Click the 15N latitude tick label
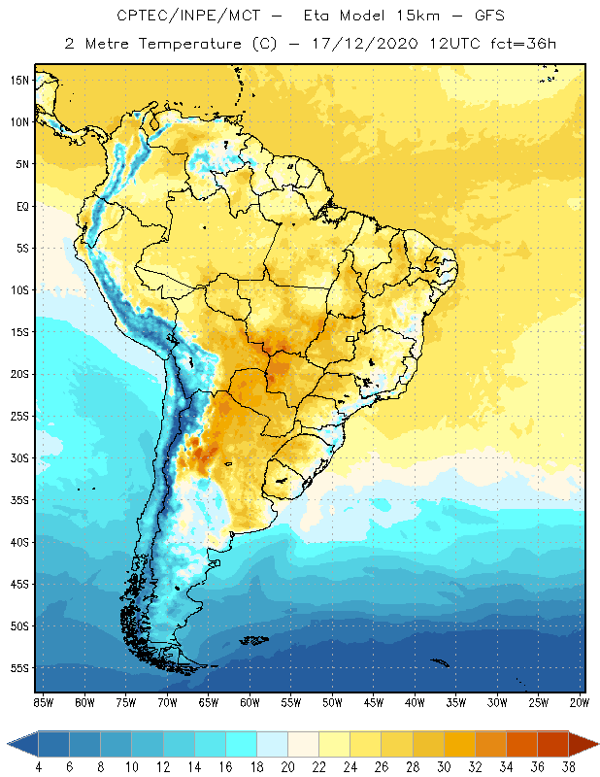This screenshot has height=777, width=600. pyautogui.click(x=18, y=80)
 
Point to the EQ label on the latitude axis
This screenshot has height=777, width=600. pyautogui.click(x=19, y=206)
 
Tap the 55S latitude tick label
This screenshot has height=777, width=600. pyautogui.click(x=18, y=668)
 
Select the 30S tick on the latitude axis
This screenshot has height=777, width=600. pyautogui.click(x=18, y=458)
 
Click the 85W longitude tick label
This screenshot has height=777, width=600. pyautogui.click(x=43, y=702)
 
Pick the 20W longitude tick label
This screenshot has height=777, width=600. pyautogui.click(x=579, y=702)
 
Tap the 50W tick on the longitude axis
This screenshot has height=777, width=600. pyautogui.click(x=332, y=702)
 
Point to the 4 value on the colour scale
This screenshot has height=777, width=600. pyautogui.click(x=39, y=766)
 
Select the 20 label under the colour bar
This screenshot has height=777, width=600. pyautogui.click(x=288, y=766)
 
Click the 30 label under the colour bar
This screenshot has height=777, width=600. pyautogui.click(x=444, y=766)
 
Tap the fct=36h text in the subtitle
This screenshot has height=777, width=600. pyautogui.click(x=523, y=43)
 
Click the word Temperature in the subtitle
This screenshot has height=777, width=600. pyautogui.click(x=193, y=43)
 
